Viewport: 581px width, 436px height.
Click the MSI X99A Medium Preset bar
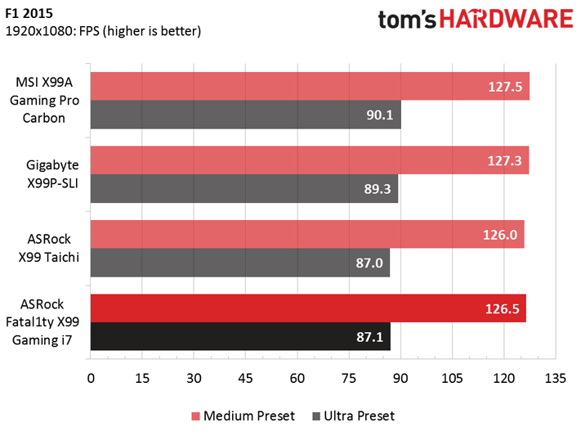tap(310, 86)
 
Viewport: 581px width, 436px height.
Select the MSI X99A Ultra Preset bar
tap(245, 115)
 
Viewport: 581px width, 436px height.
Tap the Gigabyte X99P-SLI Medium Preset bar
tap(310, 160)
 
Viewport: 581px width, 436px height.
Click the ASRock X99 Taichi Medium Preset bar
tap(307, 234)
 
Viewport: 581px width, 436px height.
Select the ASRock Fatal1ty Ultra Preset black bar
tap(240, 336)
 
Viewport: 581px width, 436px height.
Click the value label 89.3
tap(377, 188)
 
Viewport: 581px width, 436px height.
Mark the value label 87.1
tap(369, 336)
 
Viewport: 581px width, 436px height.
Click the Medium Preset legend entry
tap(243, 416)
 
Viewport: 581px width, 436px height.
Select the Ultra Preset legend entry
tap(353, 416)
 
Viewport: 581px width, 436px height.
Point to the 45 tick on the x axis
tap(245, 379)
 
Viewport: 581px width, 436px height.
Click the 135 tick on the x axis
tap(555, 379)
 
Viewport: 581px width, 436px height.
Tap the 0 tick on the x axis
tap(91, 379)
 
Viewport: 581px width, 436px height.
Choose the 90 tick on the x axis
tap(400, 379)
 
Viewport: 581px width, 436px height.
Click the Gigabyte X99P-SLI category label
tap(47, 173)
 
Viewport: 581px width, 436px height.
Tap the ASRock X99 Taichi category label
tap(47, 247)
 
